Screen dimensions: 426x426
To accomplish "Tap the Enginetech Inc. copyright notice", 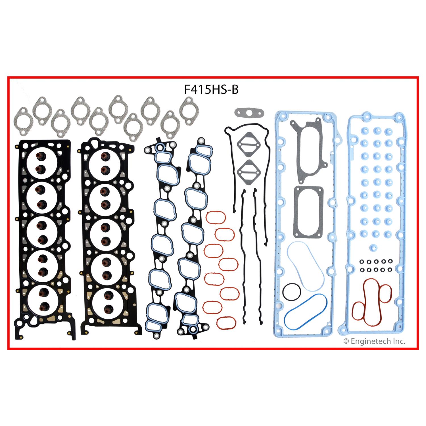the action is (374, 341).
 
